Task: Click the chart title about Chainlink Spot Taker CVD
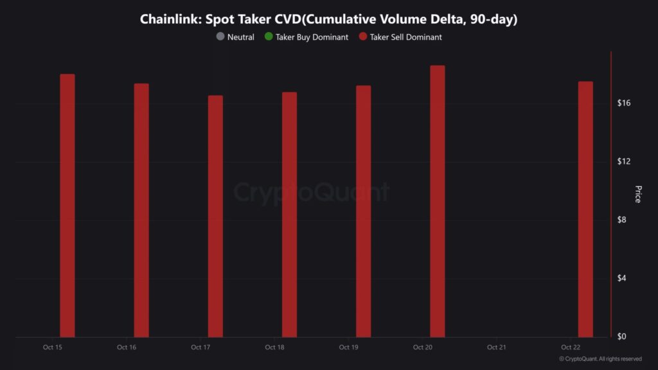tap(328, 19)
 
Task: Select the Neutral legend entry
tap(236, 37)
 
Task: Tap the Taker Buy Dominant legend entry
tap(306, 37)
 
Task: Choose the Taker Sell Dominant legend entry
tap(400, 37)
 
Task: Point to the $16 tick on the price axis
tap(624, 103)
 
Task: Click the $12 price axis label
tap(624, 161)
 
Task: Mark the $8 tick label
tap(624, 220)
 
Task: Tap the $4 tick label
tap(624, 278)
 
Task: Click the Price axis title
tap(638, 194)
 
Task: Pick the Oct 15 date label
tap(53, 348)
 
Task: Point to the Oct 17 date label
tap(200, 348)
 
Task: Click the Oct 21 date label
tap(497, 348)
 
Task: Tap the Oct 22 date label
tap(571, 348)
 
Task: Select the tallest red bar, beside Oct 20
tap(438, 201)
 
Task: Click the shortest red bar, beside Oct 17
tap(215, 216)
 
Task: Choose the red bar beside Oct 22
tap(585, 209)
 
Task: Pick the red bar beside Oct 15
tap(67, 206)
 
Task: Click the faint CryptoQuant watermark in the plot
tap(311, 192)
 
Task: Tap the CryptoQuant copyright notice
tap(600, 359)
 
